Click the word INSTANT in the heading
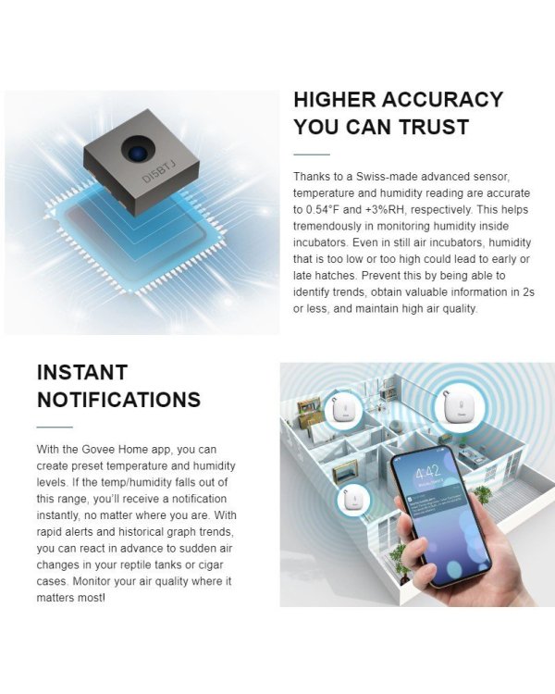[83, 373]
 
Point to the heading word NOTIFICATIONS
[118, 400]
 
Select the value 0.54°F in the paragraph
[322, 208]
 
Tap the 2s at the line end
[527, 291]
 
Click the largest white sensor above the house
[459, 408]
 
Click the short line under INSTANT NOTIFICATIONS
[55, 427]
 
